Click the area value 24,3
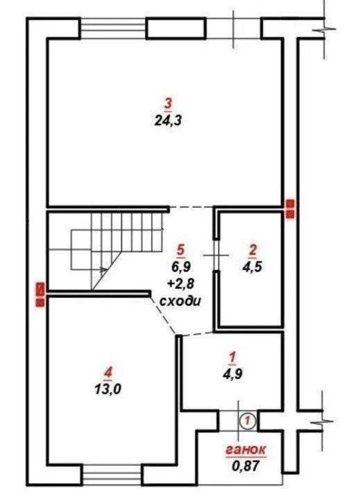[x=168, y=121]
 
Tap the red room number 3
[x=169, y=104]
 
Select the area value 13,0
[x=108, y=389]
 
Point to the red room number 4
[x=108, y=373]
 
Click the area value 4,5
[x=252, y=267]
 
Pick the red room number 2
[x=253, y=250]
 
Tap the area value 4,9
[x=233, y=373]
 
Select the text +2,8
[x=181, y=283]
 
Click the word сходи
[x=180, y=301]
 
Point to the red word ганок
[x=246, y=449]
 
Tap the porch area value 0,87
[x=246, y=465]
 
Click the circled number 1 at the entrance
[x=248, y=420]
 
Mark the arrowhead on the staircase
[x=103, y=270]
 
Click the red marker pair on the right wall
[x=291, y=209]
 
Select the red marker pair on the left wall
[x=40, y=294]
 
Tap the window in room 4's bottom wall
[x=112, y=474]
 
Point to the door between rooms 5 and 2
[x=217, y=255]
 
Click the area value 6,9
[x=181, y=267]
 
